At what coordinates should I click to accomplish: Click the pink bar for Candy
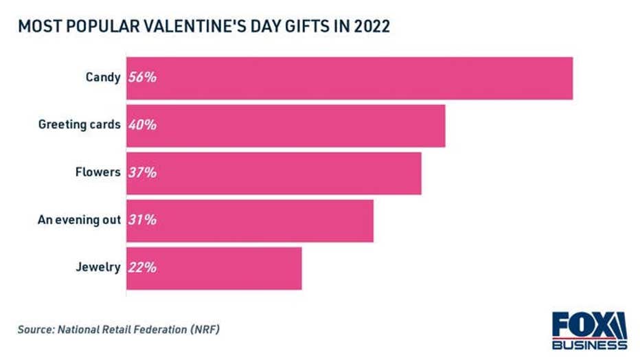pyautogui.click(x=349, y=78)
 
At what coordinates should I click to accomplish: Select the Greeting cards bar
pyautogui.click(x=286, y=126)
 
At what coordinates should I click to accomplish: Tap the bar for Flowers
pyautogui.click(x=273, y=173)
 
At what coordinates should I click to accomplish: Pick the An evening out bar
pyautogui.click(x=249, y=221)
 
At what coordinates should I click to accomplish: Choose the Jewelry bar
pyautogui.click(x=214, y=268)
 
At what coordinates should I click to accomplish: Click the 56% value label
pyautogui.click(x=142, y=78)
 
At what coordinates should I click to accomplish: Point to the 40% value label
pyautogui.click(x=142, y=125)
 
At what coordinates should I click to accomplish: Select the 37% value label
pyautogui.click(x=142, y=172)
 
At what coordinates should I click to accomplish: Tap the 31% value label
pyautogui.click(x=142, y=220)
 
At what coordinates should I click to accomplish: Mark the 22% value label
pyautogui.click(x=142, y=267)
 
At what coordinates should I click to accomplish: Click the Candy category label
pyautogui.click(x=103, y=78)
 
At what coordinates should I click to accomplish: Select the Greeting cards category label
pyautogui.click(x=79, y=125)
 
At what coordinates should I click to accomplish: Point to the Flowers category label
pyautogui.click(x=98, y=172)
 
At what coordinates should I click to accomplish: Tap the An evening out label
pyautogui.click(x=78, y=220)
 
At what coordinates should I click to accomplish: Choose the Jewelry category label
pyautogui.click(x=99, y=267)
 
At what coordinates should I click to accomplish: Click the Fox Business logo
pyautogui.click(x=589, y=330)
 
